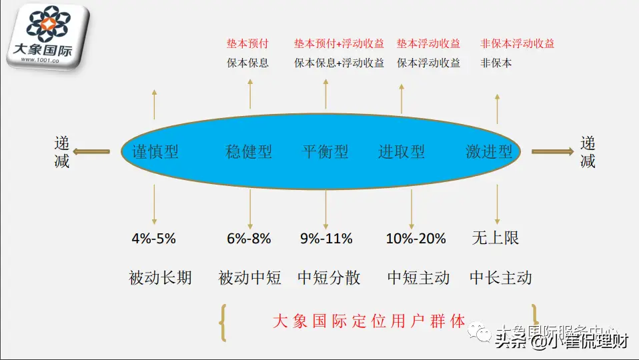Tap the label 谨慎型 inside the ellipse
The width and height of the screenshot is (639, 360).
click(151, 152)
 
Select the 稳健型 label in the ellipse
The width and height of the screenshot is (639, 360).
click(249, 152)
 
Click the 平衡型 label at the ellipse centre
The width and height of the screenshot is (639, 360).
click(326, 152)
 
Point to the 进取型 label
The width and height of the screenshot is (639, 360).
click(402, 152)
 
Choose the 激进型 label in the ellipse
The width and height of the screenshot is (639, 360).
click(490, 152)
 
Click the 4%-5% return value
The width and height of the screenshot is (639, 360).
click(154, 238)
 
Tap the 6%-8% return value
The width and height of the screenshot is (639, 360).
click(249, 238)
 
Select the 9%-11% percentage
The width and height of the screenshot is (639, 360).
click(326, 238)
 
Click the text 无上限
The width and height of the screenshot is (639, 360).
click(495, 238)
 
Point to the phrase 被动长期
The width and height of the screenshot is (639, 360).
click(160, 277)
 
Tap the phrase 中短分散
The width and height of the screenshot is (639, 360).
click(329, 277)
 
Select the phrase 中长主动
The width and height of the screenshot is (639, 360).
click(500, 277)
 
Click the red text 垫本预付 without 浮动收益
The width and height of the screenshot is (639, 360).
click(247, 44)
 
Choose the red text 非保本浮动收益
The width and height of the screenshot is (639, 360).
click(518, 44)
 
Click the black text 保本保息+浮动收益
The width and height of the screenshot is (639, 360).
click(340, 63)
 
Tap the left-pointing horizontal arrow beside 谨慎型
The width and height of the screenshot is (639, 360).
click(91, 152)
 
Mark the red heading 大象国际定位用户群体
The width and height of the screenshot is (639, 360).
click(369, 321)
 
